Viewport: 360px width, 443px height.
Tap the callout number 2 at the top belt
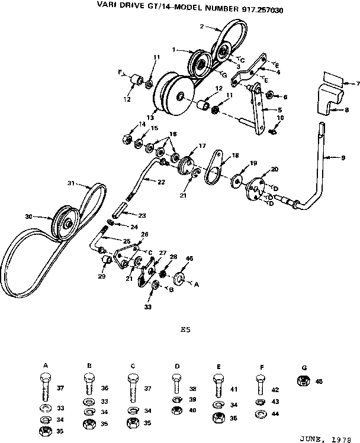(x=202, y=27)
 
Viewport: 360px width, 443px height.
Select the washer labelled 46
(x=180, y=277)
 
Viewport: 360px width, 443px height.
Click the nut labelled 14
(x=126, y=140)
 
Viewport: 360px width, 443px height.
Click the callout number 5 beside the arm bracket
(x=279, y=110)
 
